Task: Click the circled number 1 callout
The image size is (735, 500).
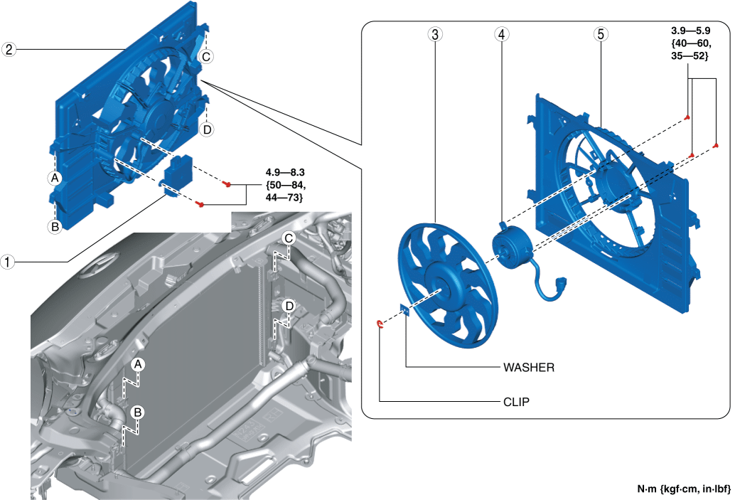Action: [x=7, y=262]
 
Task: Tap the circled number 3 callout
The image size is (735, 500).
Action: [x=435, y=34]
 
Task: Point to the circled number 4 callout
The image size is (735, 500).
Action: [x=503, y=34]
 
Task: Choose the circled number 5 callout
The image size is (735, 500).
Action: [x=600, y=34]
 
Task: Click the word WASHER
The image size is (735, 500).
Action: [x=528, y=368]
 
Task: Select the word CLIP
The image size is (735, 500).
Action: [x=516, y=402]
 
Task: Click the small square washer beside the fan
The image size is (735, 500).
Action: [x=406, y=310]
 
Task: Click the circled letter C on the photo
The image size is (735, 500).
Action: [x=289, y=238]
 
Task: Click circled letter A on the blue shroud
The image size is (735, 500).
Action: [x=55, y=177]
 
